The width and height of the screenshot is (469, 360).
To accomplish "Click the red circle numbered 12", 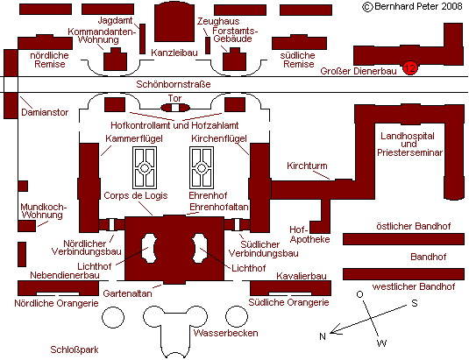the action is point(409,67).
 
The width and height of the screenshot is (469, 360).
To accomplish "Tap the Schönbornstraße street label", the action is point(174,84).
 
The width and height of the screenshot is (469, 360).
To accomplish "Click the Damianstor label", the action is point(45,112).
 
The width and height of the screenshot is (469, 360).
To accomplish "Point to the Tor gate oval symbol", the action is point(175,108).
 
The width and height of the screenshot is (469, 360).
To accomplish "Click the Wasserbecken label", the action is point(226,333).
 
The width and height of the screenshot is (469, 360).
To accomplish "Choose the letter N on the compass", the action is point(323,336).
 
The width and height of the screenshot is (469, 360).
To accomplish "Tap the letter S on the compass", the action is point(415,303).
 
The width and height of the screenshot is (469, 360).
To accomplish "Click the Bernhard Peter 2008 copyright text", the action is point(413,6).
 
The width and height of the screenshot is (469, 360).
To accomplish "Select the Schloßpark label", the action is point(75,349).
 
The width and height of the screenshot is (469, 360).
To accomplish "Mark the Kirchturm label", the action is point(307,166).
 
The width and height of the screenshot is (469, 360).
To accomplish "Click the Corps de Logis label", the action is point(136,195).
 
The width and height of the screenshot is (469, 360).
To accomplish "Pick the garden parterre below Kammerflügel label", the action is point(145,167).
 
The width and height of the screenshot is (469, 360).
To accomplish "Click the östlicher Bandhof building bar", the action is point(403,239).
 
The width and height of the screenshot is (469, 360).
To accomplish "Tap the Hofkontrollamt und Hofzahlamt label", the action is point(174,125).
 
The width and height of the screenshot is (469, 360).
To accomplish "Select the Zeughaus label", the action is point(218,21).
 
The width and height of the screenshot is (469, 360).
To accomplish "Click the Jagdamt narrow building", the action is point(142,39).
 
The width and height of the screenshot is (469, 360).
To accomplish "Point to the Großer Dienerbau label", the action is point(359,71).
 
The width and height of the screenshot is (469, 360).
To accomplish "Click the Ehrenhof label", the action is point(208,195).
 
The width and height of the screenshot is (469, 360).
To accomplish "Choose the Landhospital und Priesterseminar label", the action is point(409,145).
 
